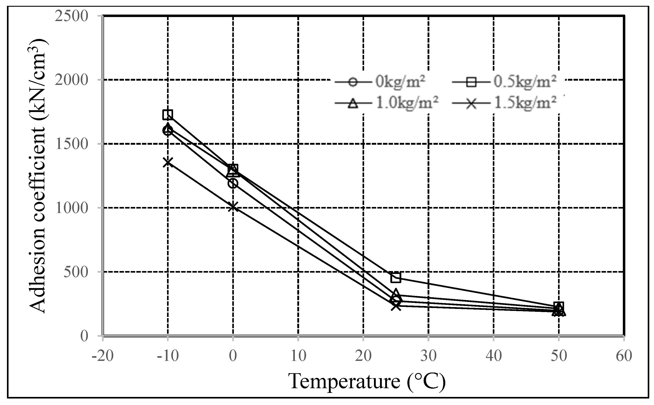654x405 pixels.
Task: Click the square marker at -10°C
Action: click(x=168, y=115)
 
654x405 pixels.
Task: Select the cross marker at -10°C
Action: click(x=168, y=162)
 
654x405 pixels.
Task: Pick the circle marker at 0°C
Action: click(x=233, y=183)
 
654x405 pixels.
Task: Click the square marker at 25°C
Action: click(x=396, y=277)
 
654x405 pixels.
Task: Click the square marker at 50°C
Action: click(x=559, y=306)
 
